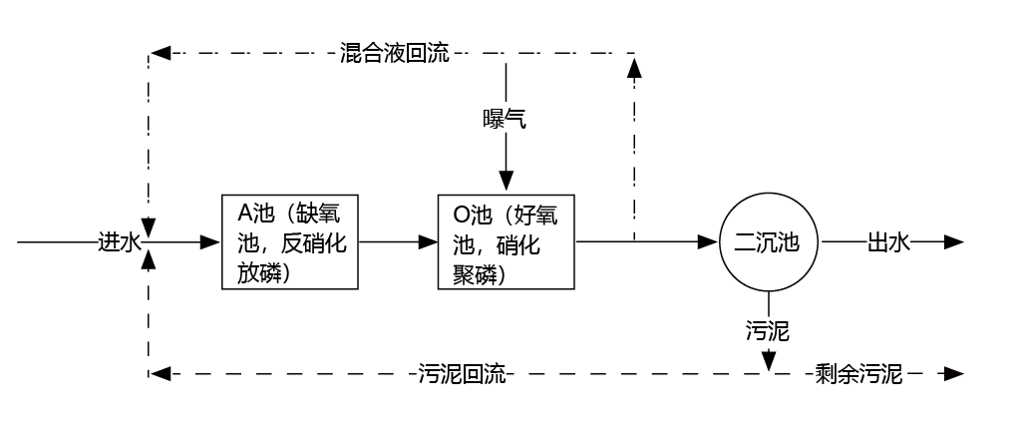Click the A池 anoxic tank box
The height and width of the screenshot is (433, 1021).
point(289,241)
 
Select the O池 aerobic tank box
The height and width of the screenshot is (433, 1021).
point(507,241)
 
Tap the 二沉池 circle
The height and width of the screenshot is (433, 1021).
point(768,241)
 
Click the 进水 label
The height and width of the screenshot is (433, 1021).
point(122,241)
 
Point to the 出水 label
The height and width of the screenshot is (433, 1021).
point(889,241)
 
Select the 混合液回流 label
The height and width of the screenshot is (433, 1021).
point(394,52)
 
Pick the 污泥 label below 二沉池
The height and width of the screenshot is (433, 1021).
point(768,330)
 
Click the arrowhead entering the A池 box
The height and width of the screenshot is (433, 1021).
point(210,241)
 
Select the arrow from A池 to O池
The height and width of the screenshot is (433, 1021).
point(399,241)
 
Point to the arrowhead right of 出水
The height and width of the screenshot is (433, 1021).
point(954,241)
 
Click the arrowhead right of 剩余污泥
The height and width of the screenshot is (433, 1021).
point(954,375)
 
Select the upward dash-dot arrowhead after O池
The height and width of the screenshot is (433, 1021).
point(633,65)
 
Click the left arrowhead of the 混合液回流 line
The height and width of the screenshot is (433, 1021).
point(159,52)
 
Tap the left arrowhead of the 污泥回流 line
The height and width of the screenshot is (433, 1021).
point(159,375)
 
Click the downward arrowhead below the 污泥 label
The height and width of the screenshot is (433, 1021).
point(768,360)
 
